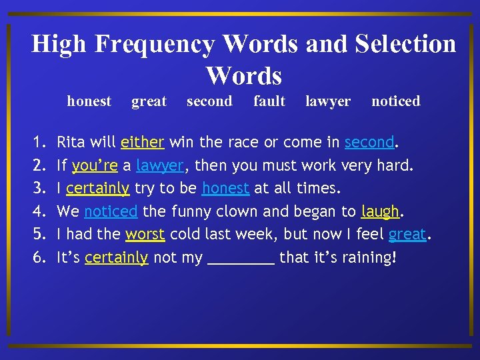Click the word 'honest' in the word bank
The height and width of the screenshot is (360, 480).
click(89, 101)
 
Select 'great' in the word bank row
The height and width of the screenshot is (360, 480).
click(149, 101)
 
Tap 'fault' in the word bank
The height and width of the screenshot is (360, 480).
click(269, 101)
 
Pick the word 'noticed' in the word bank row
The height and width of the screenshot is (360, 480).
click(395, 101)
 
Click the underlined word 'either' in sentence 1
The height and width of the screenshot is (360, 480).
click(142, 142)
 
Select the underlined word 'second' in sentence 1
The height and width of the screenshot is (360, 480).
click(369, 142)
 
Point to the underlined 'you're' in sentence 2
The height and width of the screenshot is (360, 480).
click(95, 165)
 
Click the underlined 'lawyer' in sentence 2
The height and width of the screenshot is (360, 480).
click(159, 165)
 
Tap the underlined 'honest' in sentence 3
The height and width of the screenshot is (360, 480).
click(225, 189)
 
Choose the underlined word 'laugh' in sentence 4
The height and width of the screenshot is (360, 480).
click(380, 212)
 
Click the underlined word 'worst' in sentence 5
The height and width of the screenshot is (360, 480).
click(145, 235)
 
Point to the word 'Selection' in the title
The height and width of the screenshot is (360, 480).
click(405, 45)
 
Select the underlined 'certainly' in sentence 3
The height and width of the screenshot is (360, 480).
click(97, 189)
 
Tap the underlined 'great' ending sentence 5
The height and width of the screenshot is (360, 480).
click(407, 235)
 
